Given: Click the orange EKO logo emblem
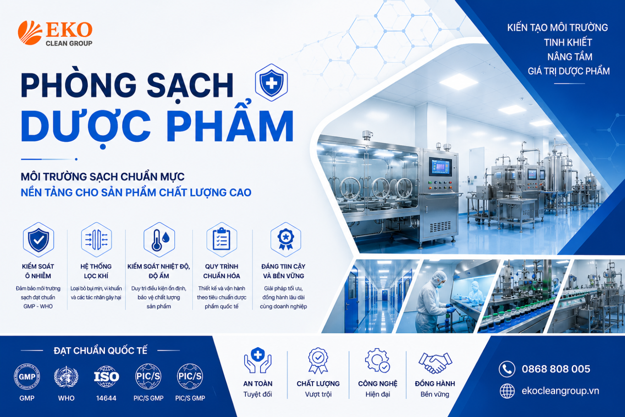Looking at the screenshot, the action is pyautogui.click(x=30, y=33).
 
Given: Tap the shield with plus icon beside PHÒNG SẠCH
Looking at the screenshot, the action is pyautogui.click(x=271, y=83).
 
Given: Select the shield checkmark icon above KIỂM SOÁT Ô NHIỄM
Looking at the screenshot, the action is pyautogui.click(x=38, y=240).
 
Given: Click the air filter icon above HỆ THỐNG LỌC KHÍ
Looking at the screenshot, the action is pyautogui.click(x=97, y=240).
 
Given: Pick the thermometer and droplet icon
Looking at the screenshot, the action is pyautogui.click(x=159, y=240).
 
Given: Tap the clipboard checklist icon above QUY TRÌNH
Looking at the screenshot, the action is pyautogui.click(x=222, y=240).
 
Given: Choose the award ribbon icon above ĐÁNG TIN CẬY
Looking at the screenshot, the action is pyautogui.click(x=285, y=240).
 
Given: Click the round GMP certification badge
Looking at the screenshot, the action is pyautogui.click(x=27, y=377).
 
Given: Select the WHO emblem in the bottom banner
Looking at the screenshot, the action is pyautogui.click(x=66, y=377).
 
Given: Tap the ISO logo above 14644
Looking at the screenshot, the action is pyautogui.click(x=106, y=377).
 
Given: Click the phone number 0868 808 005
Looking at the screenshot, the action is pyautogui.click(x=556, y=369).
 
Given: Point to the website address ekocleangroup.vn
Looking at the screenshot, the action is pyautogui.click(x=560, y=391).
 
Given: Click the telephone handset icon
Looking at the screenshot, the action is pyautogui.click(x=507, y=369).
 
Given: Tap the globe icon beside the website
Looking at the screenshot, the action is pyautogui.click(x=507, y=391).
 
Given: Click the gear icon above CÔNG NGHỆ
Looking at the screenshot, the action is pyautogui.click(x=377, y=361).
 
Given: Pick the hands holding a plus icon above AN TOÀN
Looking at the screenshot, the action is pyautogui.click(x=258, y=360).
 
